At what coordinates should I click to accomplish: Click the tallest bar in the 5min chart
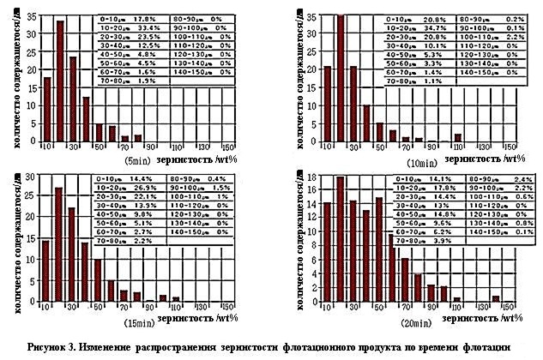[x=60, y=81]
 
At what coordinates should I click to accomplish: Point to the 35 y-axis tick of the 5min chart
[x=32, y=16]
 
